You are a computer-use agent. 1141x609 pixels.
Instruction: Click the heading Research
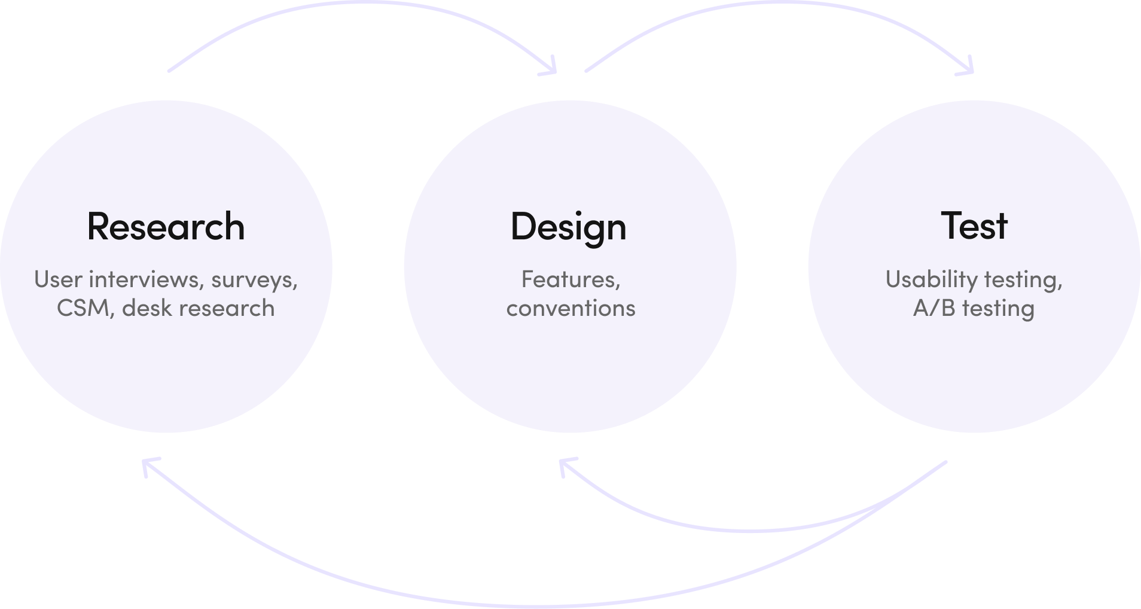(166, 227)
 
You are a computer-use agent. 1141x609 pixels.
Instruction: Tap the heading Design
(568, 227)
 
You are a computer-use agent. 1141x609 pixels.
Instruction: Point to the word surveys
(254, 280)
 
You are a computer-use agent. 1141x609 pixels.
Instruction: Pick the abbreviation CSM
(84, 308)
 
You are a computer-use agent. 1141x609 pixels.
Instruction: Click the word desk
(146, 308)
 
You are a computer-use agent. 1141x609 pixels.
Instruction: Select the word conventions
(570, 308)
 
